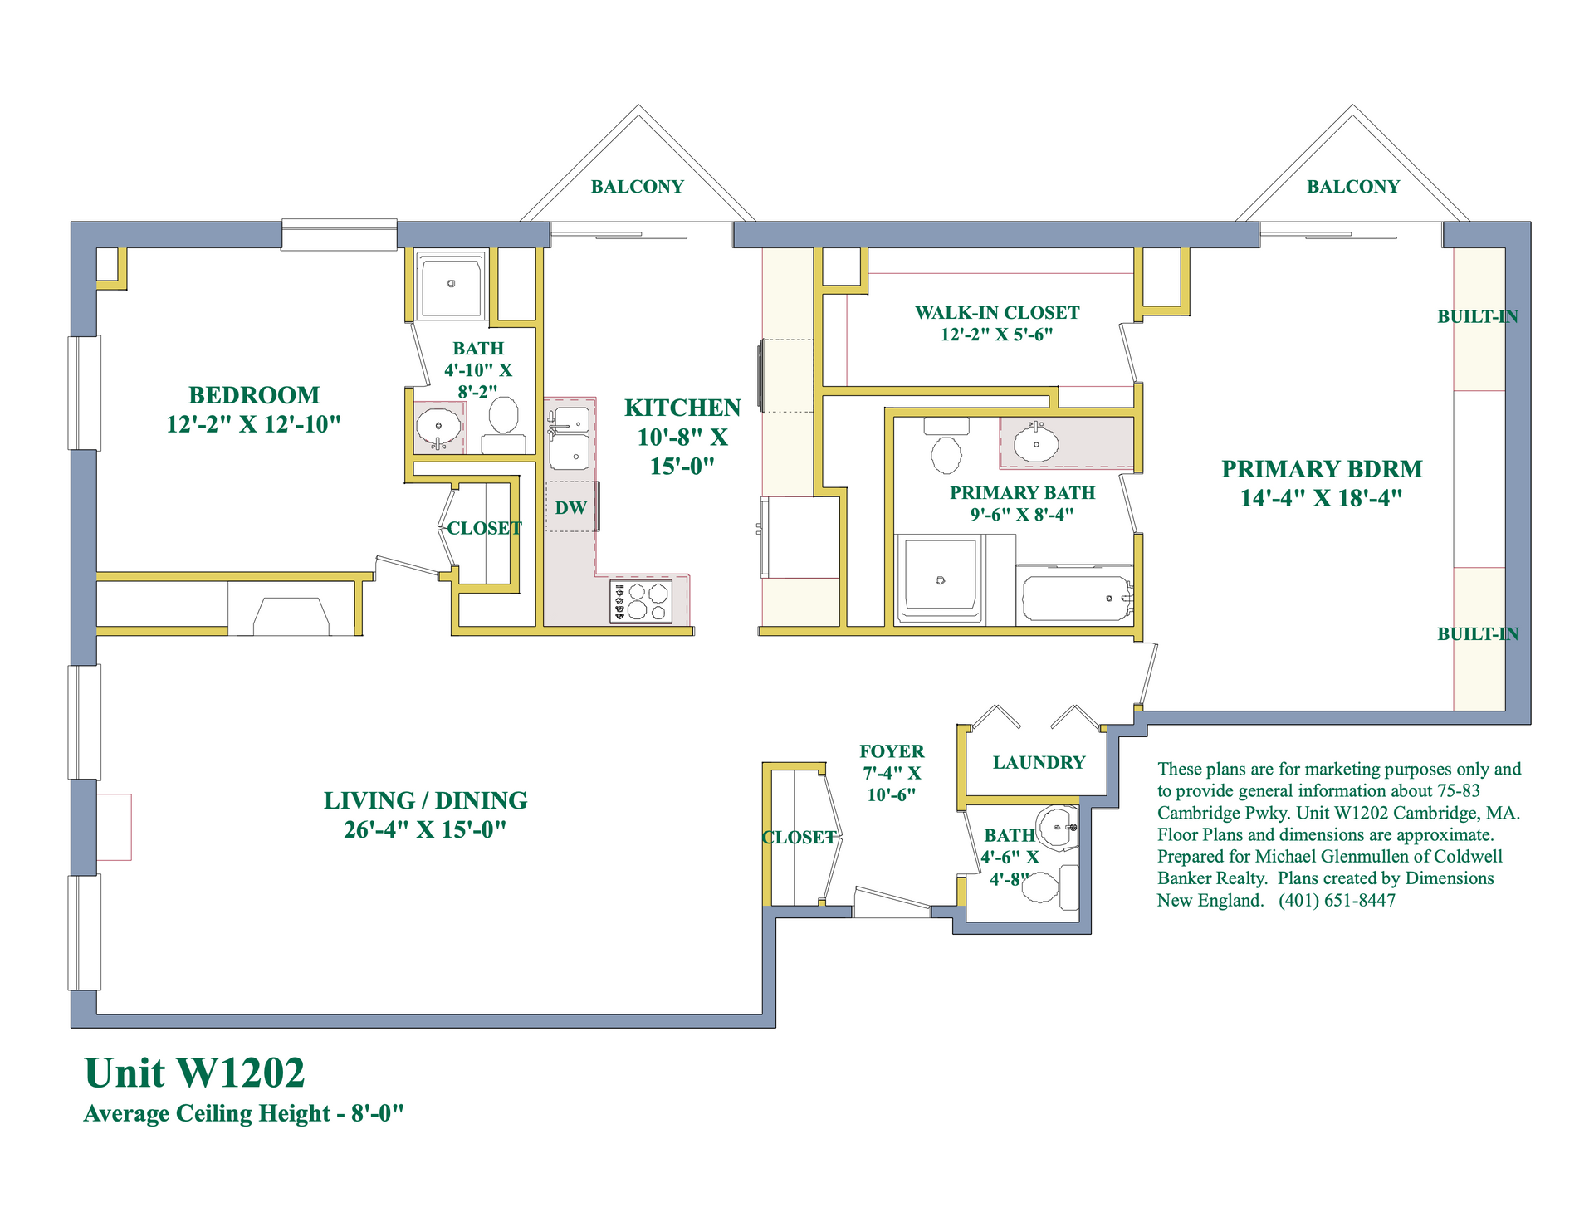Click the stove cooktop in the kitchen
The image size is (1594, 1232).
(641, 602)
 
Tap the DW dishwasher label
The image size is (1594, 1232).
(571, 508)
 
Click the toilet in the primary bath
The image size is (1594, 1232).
(946, 446)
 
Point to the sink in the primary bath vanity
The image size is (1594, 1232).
(1036, 443)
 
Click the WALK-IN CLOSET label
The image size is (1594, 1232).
(997, 313)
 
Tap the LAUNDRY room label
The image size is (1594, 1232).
(1039, 763)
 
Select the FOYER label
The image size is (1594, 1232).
(892, 751)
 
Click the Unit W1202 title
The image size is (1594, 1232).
(195, 1073)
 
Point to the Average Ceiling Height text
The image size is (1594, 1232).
(244, 1113)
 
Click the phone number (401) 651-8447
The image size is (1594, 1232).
(1337, 901)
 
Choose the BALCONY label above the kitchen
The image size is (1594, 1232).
(638, 187)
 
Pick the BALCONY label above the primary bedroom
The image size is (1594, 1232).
(1353, 187)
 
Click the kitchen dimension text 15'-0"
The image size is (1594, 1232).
(682, 467)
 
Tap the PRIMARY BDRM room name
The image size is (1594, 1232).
(1322, 469)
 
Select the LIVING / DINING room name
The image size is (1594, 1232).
(425, 800)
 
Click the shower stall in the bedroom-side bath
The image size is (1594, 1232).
(451, 285)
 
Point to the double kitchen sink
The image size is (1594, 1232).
(570, 438)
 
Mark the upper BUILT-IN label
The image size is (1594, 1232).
(1478, 316)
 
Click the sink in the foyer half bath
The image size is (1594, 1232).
(1058, 827)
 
